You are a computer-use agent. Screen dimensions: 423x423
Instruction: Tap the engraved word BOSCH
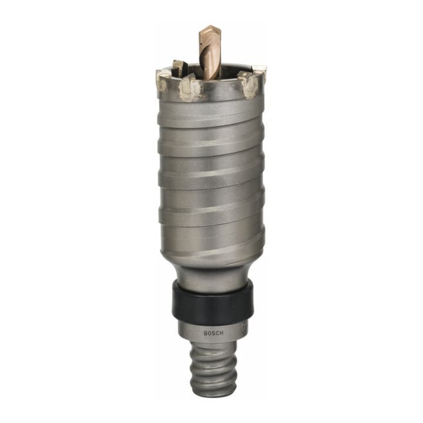point(213,334)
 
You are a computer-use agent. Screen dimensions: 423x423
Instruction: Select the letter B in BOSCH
point(205,334)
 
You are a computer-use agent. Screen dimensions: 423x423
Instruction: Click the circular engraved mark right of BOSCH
point(243,330)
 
